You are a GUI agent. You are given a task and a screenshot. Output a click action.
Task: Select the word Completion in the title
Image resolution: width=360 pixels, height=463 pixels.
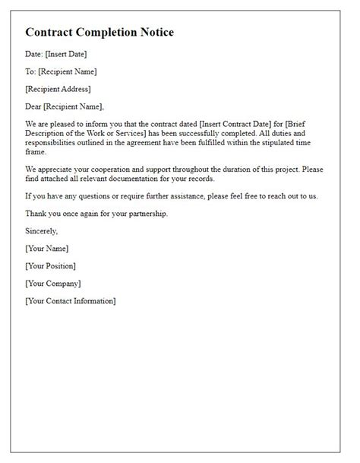click(x=98, y=33)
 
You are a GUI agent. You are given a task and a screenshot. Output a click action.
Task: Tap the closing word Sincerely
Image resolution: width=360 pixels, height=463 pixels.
click(x=42, y=230)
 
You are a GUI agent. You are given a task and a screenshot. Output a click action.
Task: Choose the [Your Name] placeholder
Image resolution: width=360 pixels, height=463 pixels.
click(x=47, y=249)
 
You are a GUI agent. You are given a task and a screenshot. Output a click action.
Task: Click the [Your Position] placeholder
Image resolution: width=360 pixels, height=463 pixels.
click(x=50, y=266)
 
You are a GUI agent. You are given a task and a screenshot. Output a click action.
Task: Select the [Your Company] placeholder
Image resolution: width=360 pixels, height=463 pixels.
click(x=52, y=284)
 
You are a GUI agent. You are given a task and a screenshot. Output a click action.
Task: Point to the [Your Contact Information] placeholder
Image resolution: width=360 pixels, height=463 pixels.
click(x=71, y=302)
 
